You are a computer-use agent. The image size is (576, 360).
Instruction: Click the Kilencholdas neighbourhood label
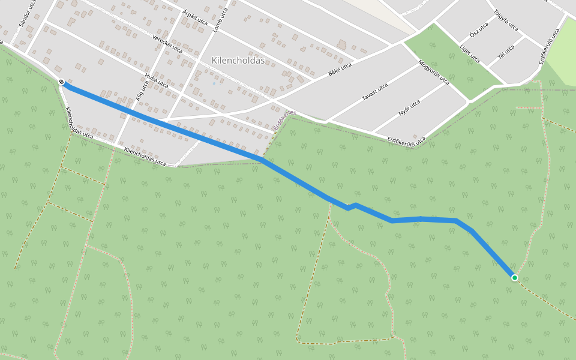(x=238, y=61)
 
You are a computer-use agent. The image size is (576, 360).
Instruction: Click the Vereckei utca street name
(x=167, y=44)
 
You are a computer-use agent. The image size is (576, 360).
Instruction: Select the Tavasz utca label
(x=374, y=92)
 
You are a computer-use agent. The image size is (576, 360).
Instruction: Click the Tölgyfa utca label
(x=505, y=20)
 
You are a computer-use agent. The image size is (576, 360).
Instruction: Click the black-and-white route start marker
(x=61, y=82)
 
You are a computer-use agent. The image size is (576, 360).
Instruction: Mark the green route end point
(x=515, y=278)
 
